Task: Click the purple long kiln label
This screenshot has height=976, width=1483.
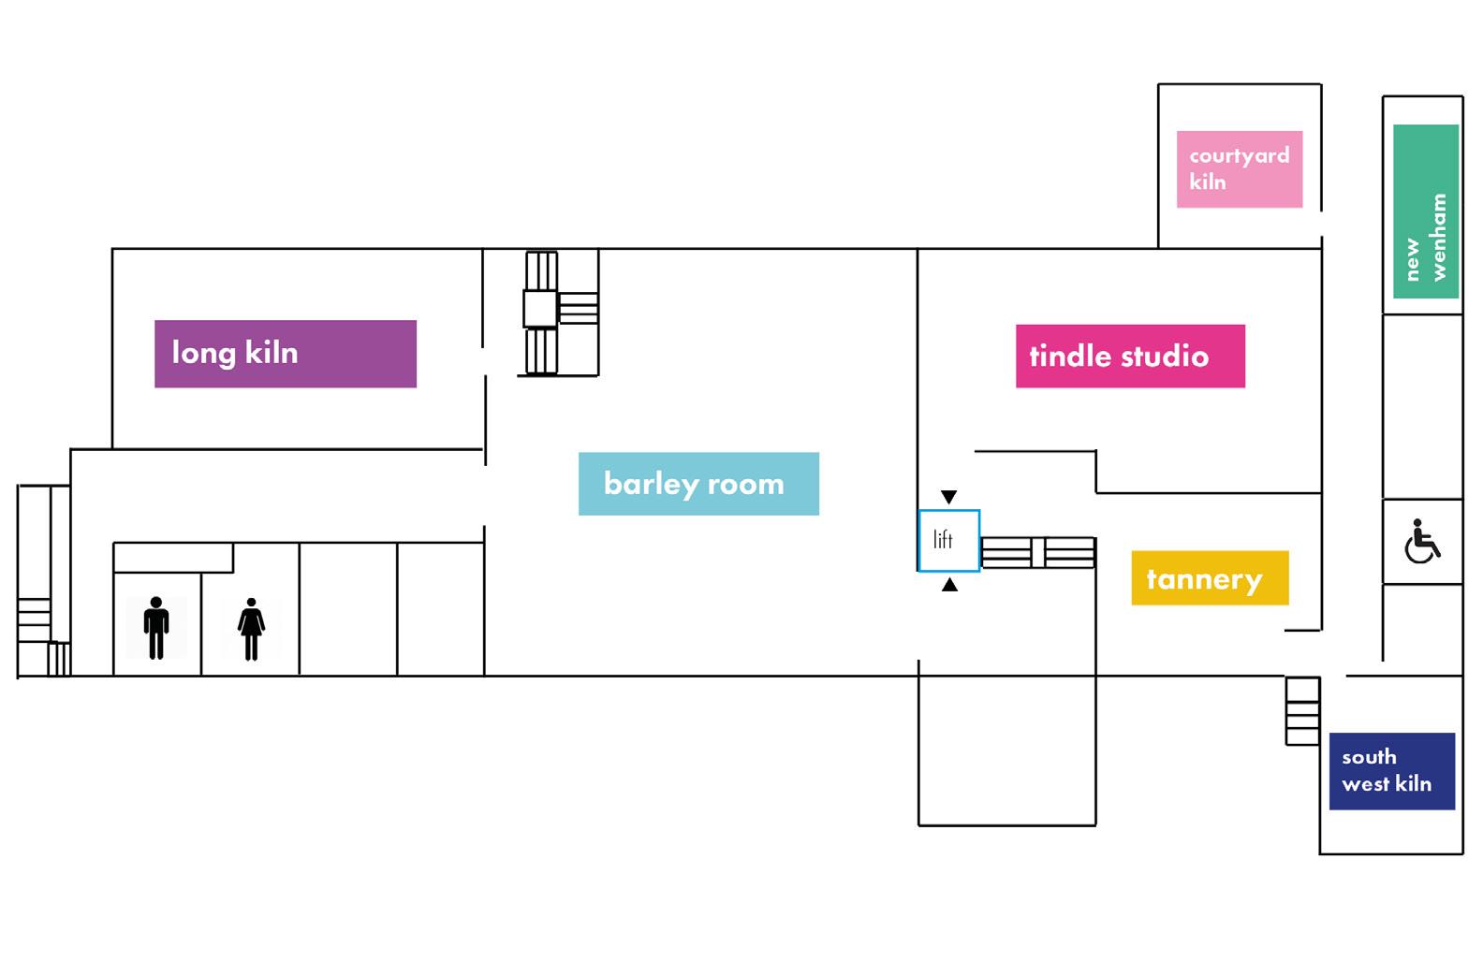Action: tap(285, 354)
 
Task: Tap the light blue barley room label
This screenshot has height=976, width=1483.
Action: tap(698, 484)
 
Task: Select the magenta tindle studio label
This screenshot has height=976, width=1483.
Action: tap(1130, 357)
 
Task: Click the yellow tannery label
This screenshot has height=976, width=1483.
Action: tap(1210, 578)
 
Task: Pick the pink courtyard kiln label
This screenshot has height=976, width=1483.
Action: tap(1239, 169)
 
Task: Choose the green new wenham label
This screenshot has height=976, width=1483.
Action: tap(1425, 211)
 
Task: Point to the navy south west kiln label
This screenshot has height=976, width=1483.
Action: tap(1391, 771)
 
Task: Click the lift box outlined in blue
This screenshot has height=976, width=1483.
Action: tap(948, 541)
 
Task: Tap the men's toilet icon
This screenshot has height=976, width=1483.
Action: tap(156, 628)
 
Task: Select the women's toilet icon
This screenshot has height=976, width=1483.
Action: tap(251, 629)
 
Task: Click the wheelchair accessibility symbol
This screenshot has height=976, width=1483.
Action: tap(1421, 542)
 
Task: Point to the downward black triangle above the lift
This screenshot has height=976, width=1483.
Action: tap(948, 497)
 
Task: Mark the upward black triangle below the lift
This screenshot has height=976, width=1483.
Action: tap(949, 585)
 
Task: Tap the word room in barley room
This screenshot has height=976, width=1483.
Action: tap(745, 485)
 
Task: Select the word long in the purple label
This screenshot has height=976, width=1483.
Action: tap(203, 354)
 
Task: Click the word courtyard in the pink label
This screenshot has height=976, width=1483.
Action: tap(1239, 156)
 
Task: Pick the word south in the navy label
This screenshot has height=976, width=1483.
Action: tap(1368, 757)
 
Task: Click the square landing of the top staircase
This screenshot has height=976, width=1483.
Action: tap(539, 309)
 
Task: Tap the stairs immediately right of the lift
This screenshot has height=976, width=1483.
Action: tap(1036, 552)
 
